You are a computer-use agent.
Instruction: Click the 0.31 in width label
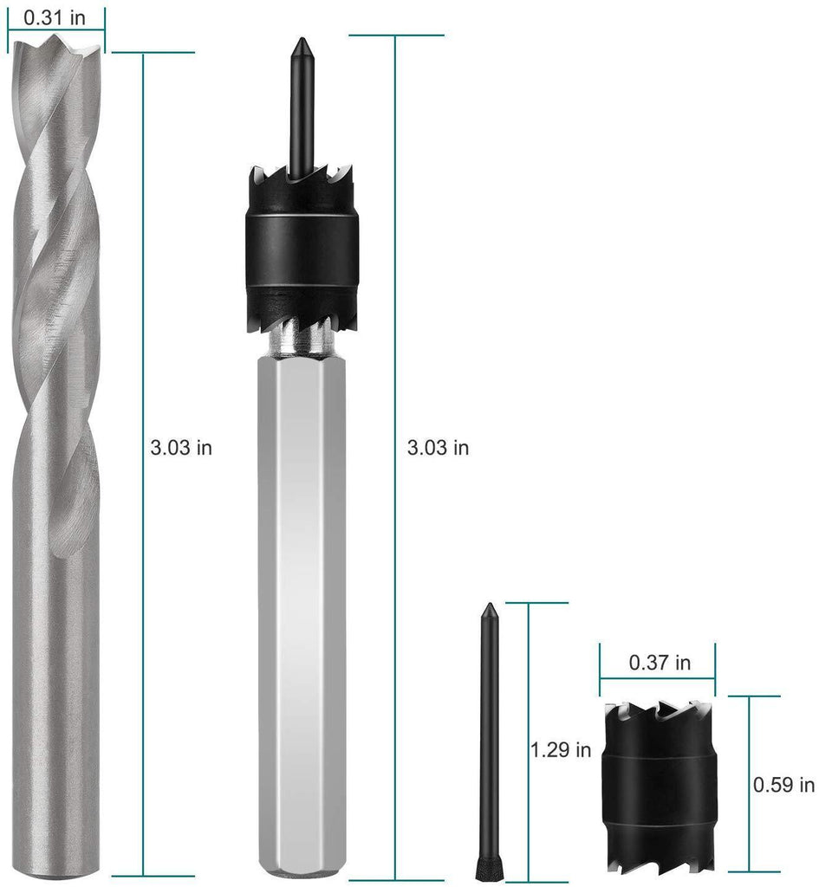click(55, 17)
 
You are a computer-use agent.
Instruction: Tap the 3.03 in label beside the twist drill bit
click(181, 448)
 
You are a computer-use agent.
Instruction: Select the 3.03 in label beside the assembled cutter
click(438, 448)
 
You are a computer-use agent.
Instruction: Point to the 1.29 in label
click(561, 750)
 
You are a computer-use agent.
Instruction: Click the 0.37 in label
click(660, 663)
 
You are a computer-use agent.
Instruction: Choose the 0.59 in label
click(784, 785)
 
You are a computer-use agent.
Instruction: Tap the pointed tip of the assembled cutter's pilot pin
click(301, 40)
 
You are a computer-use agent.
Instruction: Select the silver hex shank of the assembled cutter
click(301, 616)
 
